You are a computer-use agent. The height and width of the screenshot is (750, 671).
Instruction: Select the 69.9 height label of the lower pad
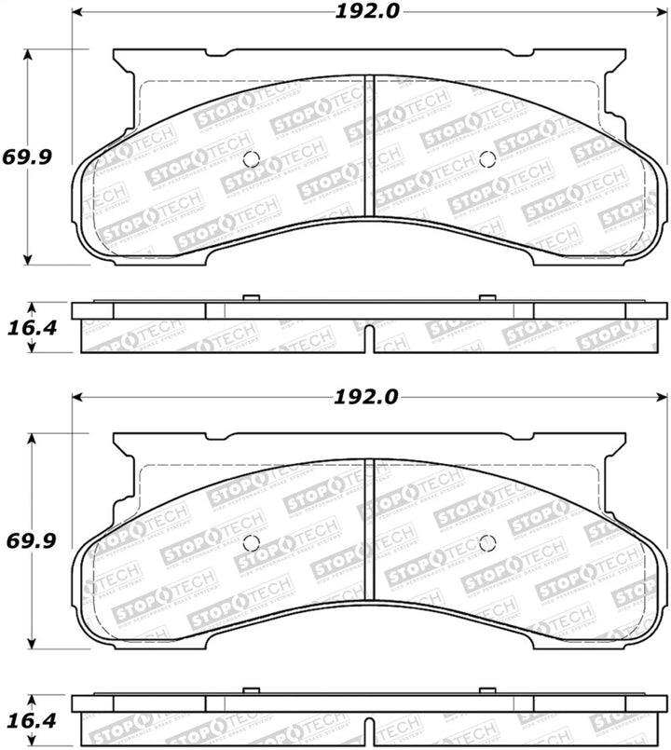coord(27,539)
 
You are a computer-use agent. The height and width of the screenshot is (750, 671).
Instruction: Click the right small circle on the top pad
coord(486,158)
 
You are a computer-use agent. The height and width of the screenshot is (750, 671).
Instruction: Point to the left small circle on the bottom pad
coord(249,543)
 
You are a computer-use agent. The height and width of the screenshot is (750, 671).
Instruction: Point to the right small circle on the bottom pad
coord(486,543)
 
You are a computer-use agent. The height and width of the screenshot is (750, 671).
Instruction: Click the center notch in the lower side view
coord(370,728)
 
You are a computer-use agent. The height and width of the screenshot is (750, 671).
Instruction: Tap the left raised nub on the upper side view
coord(249,298)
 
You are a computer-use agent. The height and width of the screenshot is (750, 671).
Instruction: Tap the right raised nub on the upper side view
coord(486,298)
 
